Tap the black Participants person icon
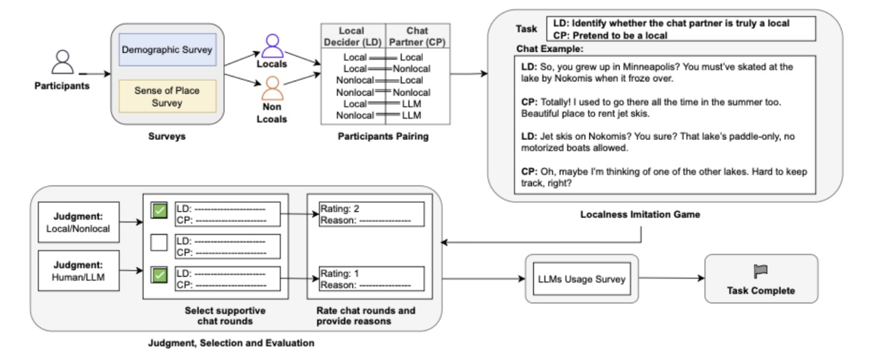(x=62, y=62)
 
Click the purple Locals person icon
(x=272, y=46)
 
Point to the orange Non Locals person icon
(x=272, y=88)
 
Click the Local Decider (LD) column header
(x=351, y=36)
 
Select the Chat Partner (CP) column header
(x=417, y=36)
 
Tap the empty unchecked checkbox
(x=159, y=243)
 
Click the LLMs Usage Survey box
(x=580, y=279)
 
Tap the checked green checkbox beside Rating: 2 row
(x=159, y=211)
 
